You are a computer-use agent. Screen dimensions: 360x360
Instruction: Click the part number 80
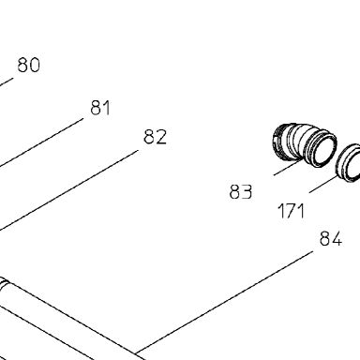(29, 65)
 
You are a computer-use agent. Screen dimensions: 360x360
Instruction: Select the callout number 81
(100, 108)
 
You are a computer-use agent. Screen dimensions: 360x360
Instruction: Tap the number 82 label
(156, 137)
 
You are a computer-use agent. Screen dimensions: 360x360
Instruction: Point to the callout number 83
(241, 191)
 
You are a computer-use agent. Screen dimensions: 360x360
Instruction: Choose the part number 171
(291, 211)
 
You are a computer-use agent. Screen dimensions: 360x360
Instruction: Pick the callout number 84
(331, 239)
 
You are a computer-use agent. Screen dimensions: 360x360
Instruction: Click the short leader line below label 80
(7, 82)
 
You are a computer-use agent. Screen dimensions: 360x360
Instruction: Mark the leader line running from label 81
(41, 142)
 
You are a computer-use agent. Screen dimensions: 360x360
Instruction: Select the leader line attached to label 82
(68, 190)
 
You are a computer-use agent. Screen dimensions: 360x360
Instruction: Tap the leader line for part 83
(289, 167)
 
